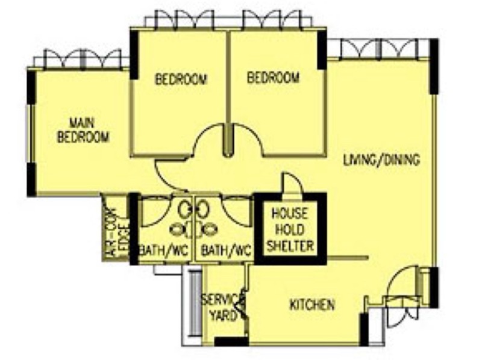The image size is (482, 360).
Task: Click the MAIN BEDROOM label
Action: (83, 130)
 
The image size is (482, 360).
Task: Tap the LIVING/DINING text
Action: (381, 160)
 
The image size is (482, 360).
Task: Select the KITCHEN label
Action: (312, 305)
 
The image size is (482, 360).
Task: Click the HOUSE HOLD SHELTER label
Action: (292, 229)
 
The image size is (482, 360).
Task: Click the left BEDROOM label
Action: (181, 79)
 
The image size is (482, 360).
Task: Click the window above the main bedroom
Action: (82, 60)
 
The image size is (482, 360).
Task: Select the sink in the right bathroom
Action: (203, 209)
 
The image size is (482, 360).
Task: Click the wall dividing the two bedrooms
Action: (228, 90)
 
